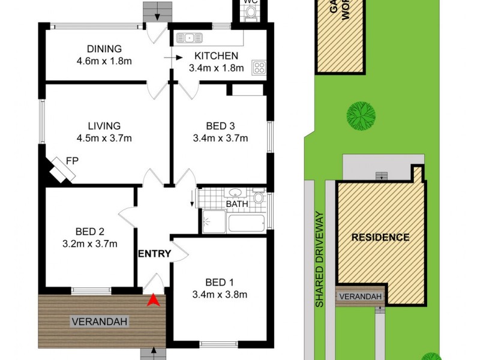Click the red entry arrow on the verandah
(154, 299)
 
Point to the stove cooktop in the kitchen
(259, 68)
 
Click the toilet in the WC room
(251, 14)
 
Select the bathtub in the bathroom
(247, 223)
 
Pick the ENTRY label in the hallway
(155, 254)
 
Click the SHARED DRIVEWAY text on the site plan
(320, 259)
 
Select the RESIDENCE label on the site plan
(380, 237)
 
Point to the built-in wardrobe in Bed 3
(248, 90)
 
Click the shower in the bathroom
(212, 222)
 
